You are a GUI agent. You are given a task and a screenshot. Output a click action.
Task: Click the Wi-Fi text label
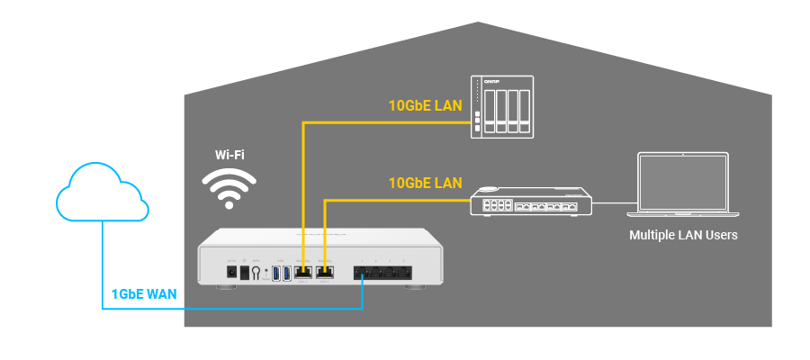[x=229, y=154]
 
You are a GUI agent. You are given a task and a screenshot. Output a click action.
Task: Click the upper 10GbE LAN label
[x=425, y=105]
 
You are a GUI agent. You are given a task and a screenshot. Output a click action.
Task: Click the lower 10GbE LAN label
[x=425, y=183]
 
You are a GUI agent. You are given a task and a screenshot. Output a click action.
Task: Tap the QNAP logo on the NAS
[x=491, y=82]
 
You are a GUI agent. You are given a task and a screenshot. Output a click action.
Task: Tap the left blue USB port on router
[x=276, y=272]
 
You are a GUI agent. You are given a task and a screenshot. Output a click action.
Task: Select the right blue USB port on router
[x=288, y=272]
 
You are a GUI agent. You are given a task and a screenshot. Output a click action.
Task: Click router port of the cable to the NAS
[x=303, y=271]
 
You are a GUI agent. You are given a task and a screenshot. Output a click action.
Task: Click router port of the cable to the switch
[x=324, y=271]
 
